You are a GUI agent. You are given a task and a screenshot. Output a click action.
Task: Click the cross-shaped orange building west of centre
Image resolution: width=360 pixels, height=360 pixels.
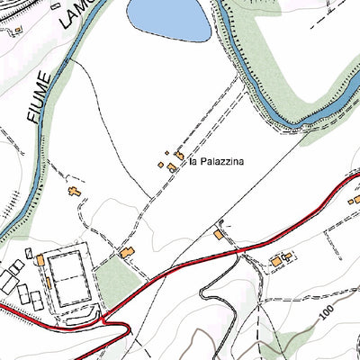tap(73, 193)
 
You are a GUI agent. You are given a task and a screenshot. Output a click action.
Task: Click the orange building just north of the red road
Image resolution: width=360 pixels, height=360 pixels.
tap(219, 235)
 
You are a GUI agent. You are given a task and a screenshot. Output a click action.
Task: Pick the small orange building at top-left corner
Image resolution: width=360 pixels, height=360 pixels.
tap(16, 30)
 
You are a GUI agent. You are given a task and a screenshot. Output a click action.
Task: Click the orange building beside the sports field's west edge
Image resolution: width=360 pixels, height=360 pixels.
tap(40, 260)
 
